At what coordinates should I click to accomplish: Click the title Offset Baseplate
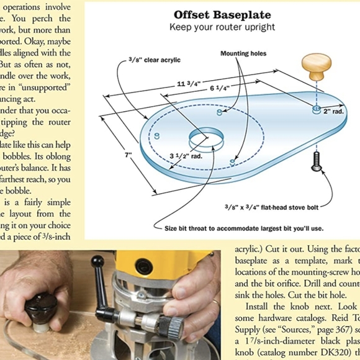pyautogui.click(x=222, y=15)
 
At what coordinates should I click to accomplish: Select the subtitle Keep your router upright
pyautogui.click(x=222, y=27)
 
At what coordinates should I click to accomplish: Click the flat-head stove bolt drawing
pyautogui.click(x=317, y=160)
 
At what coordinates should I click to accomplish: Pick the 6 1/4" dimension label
pyautogui.click(x=220, y=89)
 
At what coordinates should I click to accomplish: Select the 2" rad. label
pyautogui.click(x=333, y=111)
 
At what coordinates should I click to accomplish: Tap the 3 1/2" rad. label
pyautogui.click(x=186, y=156)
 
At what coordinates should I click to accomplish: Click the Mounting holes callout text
pyautogui.click(x=243, y=54)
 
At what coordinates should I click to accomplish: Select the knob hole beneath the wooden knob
pyautogui.click(x=316, y=110)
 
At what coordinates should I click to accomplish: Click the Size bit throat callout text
pyautogui.click(x=243, y=228)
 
